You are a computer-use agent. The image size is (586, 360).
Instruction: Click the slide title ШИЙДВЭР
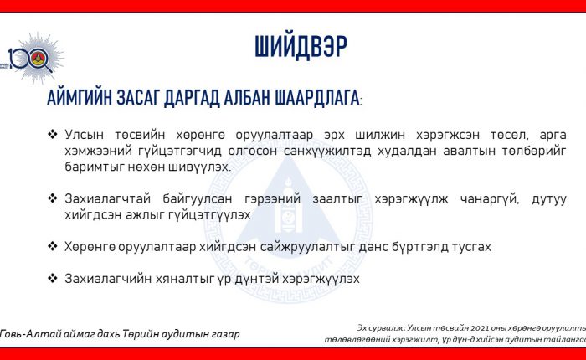pos(301,47)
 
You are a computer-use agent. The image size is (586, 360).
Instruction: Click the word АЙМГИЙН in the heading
pos(80,98)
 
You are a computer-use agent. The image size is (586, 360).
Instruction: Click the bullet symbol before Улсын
pos(52,134)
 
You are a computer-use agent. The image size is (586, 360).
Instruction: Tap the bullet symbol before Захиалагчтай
pos(52,198)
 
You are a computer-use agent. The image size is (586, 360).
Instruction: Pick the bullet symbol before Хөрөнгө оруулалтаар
pos(52,246)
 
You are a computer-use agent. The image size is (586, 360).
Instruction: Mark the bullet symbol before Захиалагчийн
pos(52,279)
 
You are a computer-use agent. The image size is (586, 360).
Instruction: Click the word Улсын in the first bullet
pos(84,135)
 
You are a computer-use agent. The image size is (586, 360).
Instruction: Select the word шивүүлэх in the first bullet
pos(199,167)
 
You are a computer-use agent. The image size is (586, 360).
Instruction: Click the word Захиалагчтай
pos(108,199)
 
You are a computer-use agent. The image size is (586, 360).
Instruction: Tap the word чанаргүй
pos(490,199)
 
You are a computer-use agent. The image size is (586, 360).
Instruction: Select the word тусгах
pos(471,247)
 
